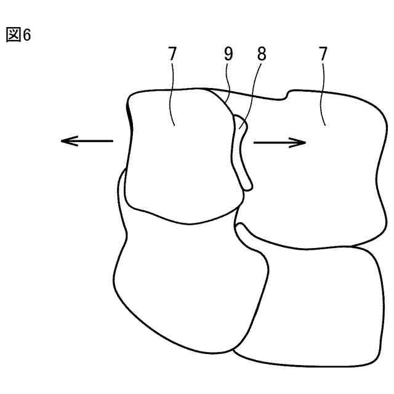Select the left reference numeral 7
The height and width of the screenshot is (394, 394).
(172, 55)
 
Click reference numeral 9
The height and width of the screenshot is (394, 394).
(229, 55)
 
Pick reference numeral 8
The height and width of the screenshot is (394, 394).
(262, 55)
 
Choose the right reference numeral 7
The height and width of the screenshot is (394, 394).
(324, 55)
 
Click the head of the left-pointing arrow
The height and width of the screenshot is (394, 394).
(65, 141)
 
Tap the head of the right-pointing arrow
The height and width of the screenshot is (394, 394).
(303, 142)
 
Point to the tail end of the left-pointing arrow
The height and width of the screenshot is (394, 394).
(113, 141)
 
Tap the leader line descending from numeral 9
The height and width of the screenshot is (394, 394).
(228, 86)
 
